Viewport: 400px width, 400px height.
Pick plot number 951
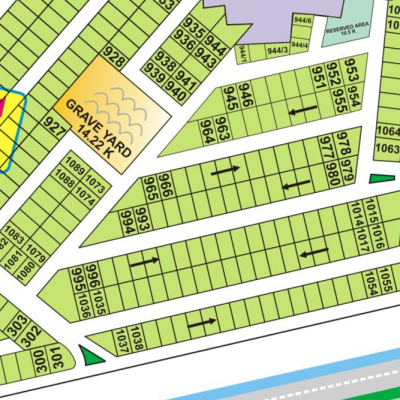coord(319,78)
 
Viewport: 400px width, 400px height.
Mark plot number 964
coord(207,131)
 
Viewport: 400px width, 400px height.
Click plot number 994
coord(127,221)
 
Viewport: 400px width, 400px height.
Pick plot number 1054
coord(371,285)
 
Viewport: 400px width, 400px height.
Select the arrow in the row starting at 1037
coord(201,322)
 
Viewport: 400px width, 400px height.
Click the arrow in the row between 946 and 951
coord(296,110)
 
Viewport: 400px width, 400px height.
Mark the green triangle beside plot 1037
coord(92,355)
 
